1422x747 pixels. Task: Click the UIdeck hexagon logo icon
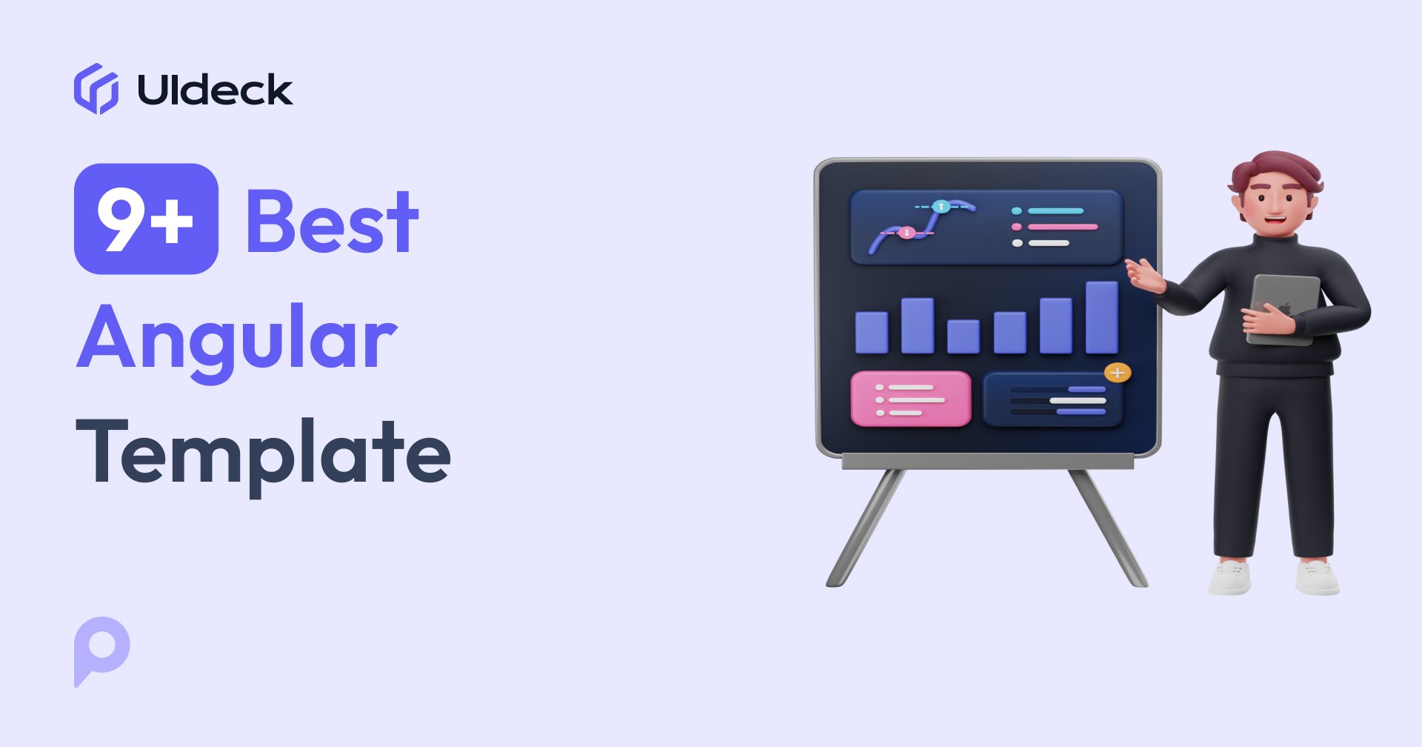(96, 89)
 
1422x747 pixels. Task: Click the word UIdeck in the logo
(215, 90)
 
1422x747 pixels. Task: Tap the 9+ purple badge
(146, 219)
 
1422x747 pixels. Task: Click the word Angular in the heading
(237, 339)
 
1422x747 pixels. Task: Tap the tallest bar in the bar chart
(1101, 317)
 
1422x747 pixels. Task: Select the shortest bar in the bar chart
(964, 336)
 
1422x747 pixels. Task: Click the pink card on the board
(911, 399)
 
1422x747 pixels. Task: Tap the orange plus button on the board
(1118, 372)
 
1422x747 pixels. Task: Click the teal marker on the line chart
(941, 206)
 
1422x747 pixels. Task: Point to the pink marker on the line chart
(907, 233)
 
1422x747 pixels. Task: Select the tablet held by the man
(1285, 308)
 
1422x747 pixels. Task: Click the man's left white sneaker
(1230, 577)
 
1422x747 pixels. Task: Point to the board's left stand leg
(865, 528)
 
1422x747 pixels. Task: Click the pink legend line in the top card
(1061, 227)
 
